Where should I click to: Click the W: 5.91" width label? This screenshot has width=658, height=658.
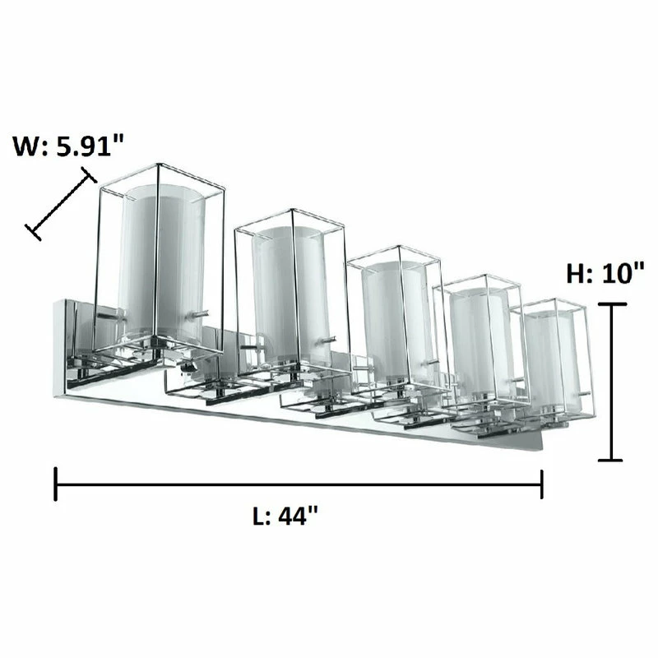pyautogui.click(x=68, y=146)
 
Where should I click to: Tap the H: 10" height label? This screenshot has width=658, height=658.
pyautogui.click(x=605, y=273)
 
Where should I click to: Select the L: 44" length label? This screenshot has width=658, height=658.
pyautogui.click(x=285, y=516)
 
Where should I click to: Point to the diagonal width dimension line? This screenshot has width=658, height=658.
pyautogui.click(x=61, y=203)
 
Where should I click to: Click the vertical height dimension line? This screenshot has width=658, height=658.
pyautogui.click(x=612, y=382)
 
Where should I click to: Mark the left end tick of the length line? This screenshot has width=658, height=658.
pyautogui.click(x=55, y=484)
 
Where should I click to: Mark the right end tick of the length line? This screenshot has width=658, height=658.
pyautogui.click(x=542, y=484)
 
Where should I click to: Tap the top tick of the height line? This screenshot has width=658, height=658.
pyautogui.click(x=612, y=304)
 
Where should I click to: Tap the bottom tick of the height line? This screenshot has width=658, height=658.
pyautogui.click(x=610, y=461)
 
